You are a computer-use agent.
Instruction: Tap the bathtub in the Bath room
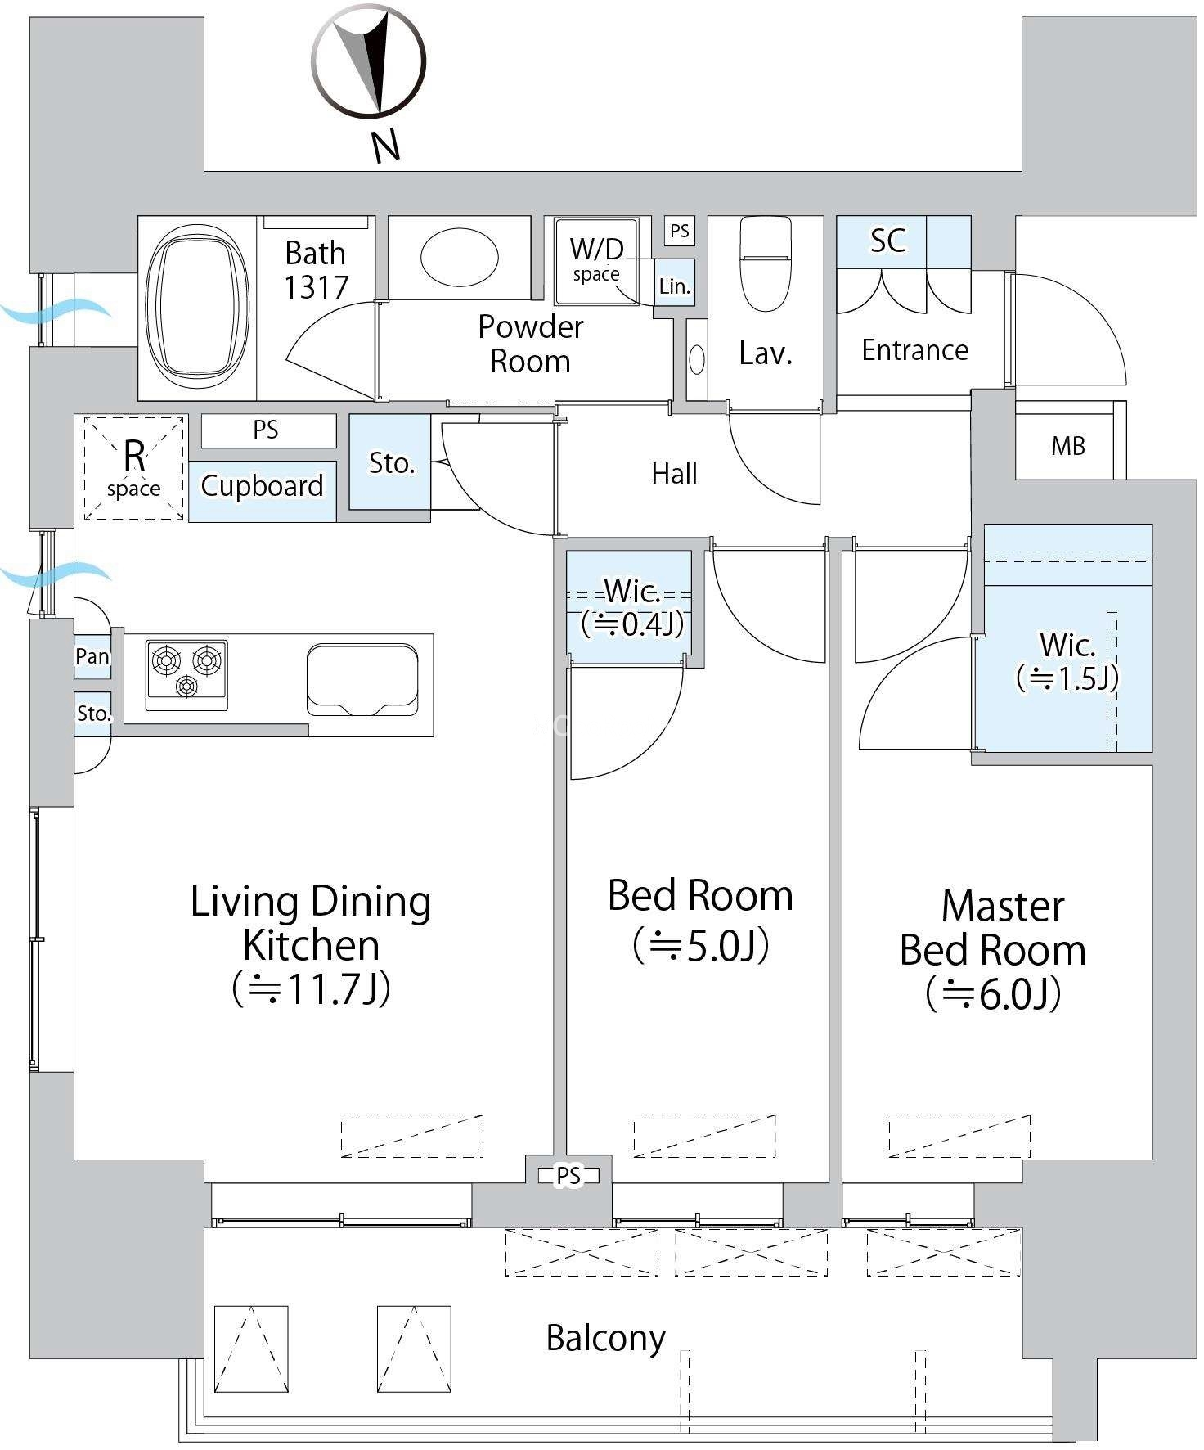(x=197, y=308)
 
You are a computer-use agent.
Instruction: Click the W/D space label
(x=596, y=259)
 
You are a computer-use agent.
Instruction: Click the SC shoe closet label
(x=887, y=241)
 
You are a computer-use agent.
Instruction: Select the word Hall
(x=674, y=473)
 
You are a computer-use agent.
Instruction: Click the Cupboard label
(x=262, y=486)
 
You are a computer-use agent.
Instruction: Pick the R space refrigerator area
(x=134, y=468)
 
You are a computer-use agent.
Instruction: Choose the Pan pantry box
(x=92, y=656)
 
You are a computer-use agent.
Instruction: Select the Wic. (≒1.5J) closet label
(x=1067, y=661)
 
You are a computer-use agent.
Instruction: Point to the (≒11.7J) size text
(x=312, y=988)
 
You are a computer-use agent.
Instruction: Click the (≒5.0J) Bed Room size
(x=701, y=945)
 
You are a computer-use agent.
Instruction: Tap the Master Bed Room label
(x=994, y=928)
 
